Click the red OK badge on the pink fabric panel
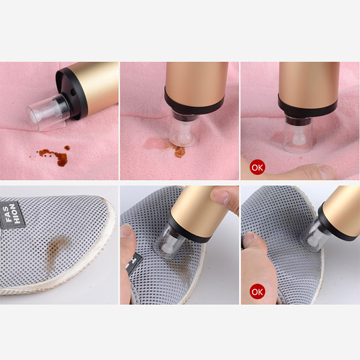[x=257, y=167]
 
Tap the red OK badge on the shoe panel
[x=257, y=292]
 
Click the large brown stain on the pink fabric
[x=55, y=156]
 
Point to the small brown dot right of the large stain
[x=67, y=148]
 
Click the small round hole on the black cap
[x=73, y=93]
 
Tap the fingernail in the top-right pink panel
[x=326, y=172]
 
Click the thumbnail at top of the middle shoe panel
[x=220, y=197]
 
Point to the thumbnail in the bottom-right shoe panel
[x=248, y=239]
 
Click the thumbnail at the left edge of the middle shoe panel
[x=125, y=232]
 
